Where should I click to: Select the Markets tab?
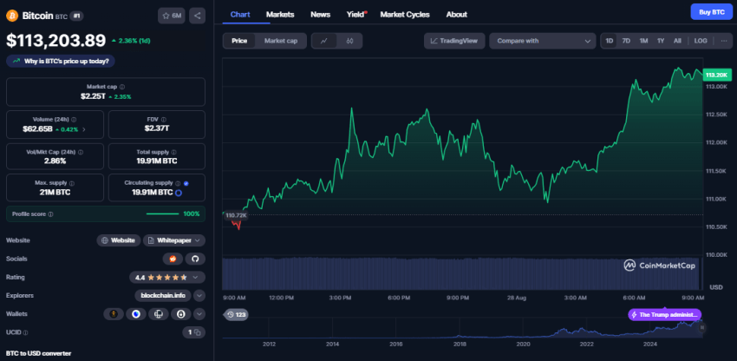point(280,15)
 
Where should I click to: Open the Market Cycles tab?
point(404,15)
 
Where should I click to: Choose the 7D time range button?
point(626,41)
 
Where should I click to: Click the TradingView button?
point(454,41)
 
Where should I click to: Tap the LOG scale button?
point(700,41)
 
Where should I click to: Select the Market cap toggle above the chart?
point(280,41)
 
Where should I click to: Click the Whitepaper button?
point(174,240)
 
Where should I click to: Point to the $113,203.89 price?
point(55,40)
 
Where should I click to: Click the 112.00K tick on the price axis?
point(716,141)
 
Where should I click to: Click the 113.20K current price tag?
point(716,75)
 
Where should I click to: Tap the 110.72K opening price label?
point(235,214)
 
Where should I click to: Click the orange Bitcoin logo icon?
point(12,15)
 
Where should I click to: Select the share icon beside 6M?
point(197,15)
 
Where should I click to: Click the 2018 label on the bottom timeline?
point(459,344)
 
